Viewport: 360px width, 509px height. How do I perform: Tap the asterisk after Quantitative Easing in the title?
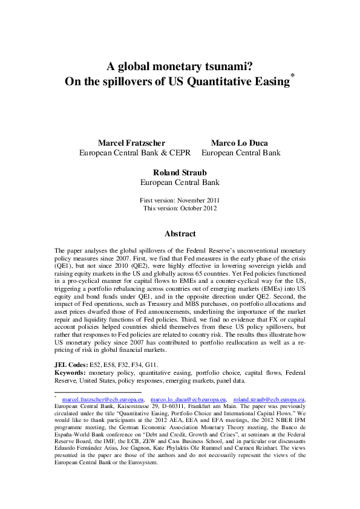[x=292, y=78]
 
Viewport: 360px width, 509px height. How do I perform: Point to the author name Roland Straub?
[x=179, y=171]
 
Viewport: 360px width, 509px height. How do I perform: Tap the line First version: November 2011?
[x=179, y=200]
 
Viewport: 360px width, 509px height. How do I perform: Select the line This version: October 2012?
[x=179, y=208]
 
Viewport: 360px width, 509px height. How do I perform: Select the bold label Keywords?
[x=71, y=374]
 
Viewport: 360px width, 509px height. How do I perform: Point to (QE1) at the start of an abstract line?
[x=64, y=265]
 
